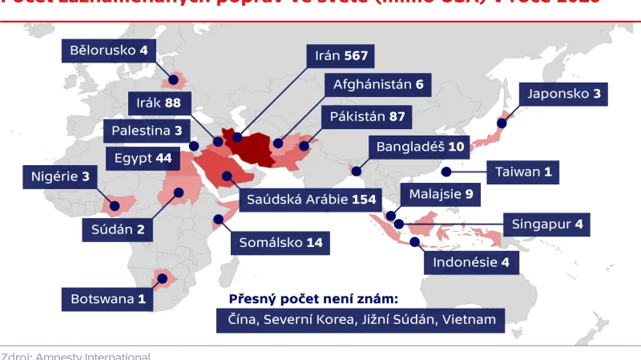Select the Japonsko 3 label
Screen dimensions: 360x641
[x=563, y=94]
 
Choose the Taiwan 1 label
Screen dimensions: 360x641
[x=523, y=171]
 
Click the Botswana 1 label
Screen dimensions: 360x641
[x=108, y=300]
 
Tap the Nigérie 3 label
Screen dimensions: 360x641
[x=60, y=176]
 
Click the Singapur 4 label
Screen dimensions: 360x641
[x=546, y=225]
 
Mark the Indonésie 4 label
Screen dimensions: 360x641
[x=470, y=262]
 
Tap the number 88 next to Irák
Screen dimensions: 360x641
[x=173, y=103]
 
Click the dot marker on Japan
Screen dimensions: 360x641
[x=502, y=123]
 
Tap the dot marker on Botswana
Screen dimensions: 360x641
[x=162, y=279]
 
